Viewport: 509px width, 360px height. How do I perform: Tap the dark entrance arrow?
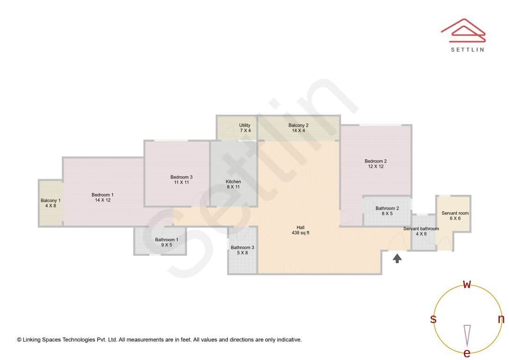coord(397,258)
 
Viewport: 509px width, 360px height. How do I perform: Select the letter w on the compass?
coord(467,285)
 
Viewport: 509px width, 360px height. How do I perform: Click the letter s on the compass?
coord(433,319)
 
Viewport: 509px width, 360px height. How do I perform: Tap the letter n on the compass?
coord(501,319)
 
